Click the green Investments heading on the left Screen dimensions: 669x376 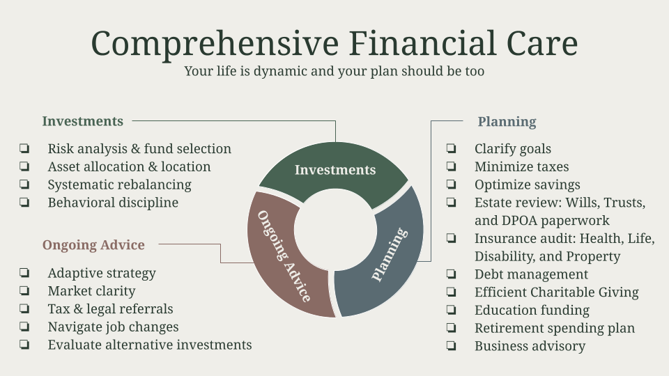coord(83,121)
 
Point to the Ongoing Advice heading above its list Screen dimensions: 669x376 coord(93,244)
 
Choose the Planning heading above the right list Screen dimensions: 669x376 coord(507,122)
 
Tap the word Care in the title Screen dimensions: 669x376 coord(542,43)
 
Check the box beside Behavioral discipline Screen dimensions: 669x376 coord(24,202)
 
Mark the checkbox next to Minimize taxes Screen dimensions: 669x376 coord(451,166)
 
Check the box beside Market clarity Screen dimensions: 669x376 coord(24,290)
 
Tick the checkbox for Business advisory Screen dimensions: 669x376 coord(451,345)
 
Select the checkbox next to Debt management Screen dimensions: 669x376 coord(451,274)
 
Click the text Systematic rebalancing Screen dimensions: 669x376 coord(119,185)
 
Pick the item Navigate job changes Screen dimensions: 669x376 coord(113,327)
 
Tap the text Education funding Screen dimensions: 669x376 coord(532,311)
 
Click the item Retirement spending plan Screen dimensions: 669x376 coord(555,328)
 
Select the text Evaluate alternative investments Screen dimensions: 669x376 coord(150,345)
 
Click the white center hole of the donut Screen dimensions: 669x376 coord(335,230)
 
